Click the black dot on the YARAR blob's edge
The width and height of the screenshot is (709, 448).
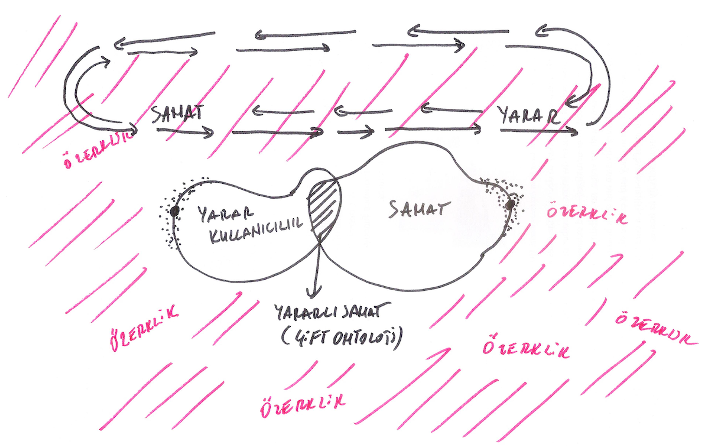175,211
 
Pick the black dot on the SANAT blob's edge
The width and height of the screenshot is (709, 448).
510,204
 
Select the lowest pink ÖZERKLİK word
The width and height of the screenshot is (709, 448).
303,406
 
